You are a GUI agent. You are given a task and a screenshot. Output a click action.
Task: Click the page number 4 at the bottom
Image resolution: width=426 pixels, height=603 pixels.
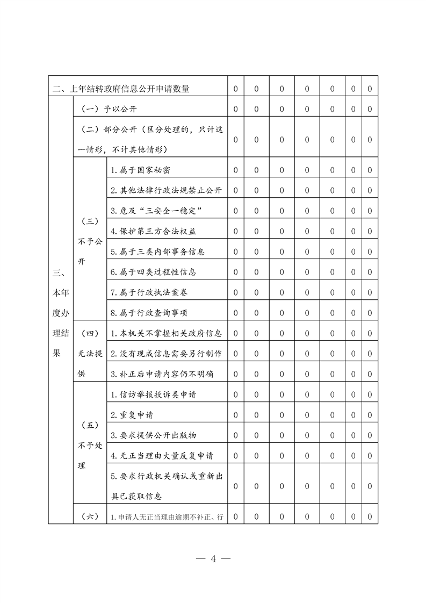[x=213, y=559]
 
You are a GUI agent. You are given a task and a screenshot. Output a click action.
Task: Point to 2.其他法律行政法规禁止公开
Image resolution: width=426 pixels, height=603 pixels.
[x=166, y=190]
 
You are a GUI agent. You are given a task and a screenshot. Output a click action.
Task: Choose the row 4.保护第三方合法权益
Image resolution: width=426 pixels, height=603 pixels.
[x=153, y=231]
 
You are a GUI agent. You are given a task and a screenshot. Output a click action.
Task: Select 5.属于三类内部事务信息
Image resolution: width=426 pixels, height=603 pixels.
[x=157, y=252]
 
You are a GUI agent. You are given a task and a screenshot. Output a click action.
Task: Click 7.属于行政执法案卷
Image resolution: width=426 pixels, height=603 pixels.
[x=149, y=292]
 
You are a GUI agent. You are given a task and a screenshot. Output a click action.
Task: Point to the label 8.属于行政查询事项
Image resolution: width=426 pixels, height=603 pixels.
[x=149, y=313]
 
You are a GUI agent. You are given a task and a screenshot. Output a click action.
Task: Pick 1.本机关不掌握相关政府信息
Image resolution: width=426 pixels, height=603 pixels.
[x=166, y=333]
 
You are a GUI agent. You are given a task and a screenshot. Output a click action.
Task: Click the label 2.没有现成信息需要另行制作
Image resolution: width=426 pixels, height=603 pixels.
[x=166, y=354]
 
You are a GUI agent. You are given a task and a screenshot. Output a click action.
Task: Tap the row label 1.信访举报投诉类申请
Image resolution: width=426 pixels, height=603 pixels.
[x=153, y=394]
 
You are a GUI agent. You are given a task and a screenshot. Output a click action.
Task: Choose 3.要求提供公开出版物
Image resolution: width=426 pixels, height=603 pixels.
[x=157, y=435]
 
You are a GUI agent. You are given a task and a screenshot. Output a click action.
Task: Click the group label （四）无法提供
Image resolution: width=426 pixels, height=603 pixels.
[x=90, y=354]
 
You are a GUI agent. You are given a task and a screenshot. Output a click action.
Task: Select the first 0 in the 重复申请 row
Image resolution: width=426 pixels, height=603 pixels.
[x=236, y=415]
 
